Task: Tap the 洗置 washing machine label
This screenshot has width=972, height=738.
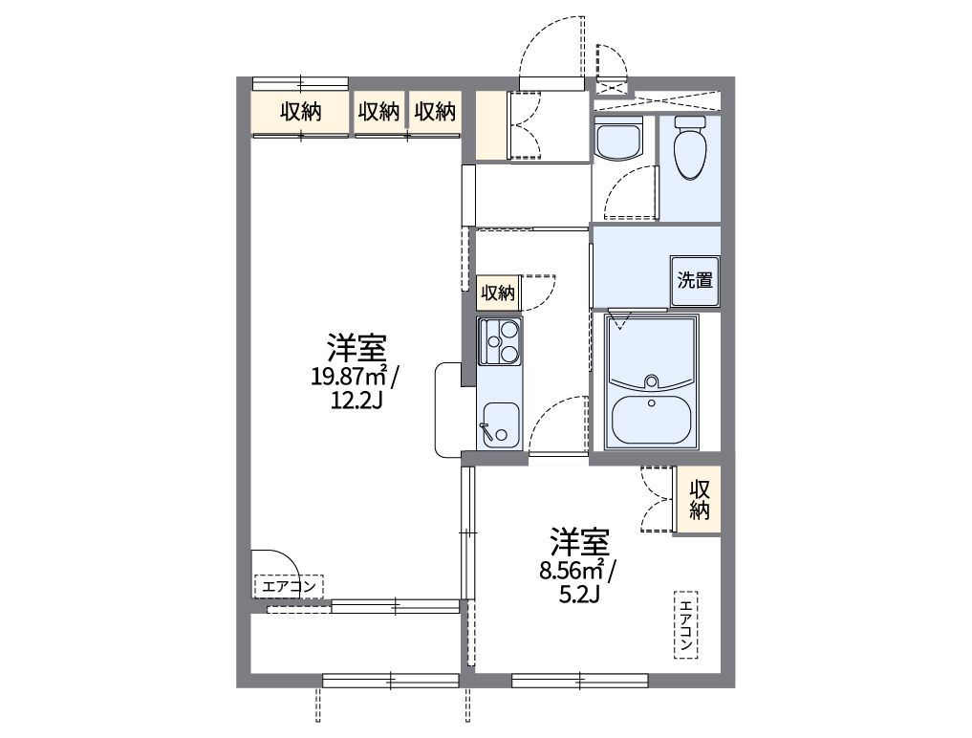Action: (695, 281)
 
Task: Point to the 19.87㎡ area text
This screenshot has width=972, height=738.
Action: (348, 376)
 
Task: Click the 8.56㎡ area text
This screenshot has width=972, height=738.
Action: (571, 572)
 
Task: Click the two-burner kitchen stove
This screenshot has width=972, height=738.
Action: (500, 342)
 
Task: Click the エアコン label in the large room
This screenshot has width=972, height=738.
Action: (289, 585)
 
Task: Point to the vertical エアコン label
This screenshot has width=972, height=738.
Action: (685, 624)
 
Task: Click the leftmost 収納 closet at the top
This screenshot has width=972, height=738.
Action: (300, 112)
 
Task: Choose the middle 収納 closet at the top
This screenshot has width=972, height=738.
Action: (378, 112)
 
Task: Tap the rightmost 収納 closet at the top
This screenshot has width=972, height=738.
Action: (435, 112)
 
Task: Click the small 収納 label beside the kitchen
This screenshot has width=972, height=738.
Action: (498, 293)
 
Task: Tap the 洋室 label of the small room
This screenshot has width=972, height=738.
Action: (579, 542)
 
